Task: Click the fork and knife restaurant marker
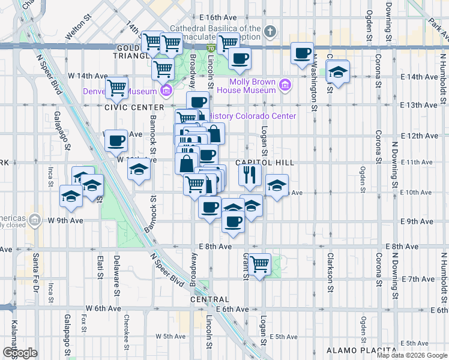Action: click(x=250, y=175)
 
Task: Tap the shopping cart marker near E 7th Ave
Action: click(x=260, y=263)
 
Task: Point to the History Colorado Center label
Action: click(x=253, y=116)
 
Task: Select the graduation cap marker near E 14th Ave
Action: click(x=338, y=73)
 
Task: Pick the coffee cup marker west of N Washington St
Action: click(x=302, y=53)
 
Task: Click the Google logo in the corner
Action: click(x=20, y=353)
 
